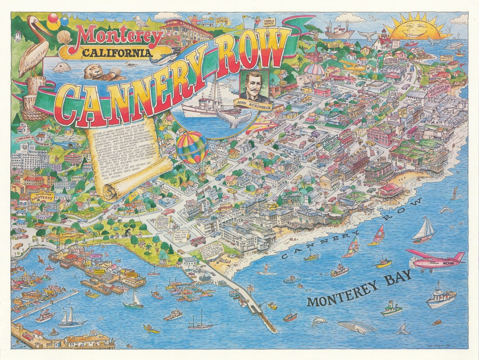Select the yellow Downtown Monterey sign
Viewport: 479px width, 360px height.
pos(43,197)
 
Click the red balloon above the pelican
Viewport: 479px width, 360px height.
pos(53,18)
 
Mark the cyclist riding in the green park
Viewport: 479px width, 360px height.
pos(128,233)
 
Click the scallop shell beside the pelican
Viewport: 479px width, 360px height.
pos(64,37)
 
